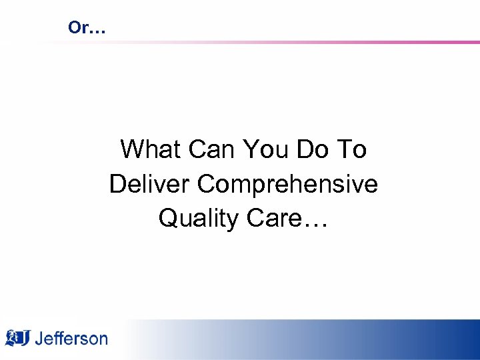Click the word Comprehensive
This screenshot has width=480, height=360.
288,184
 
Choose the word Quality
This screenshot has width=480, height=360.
198,219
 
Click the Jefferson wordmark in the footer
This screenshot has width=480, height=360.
71,338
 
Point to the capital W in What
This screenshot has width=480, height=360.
131,149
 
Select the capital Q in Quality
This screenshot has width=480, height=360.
168,219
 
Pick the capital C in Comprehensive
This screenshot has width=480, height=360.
207,184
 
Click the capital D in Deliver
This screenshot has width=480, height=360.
118,184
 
